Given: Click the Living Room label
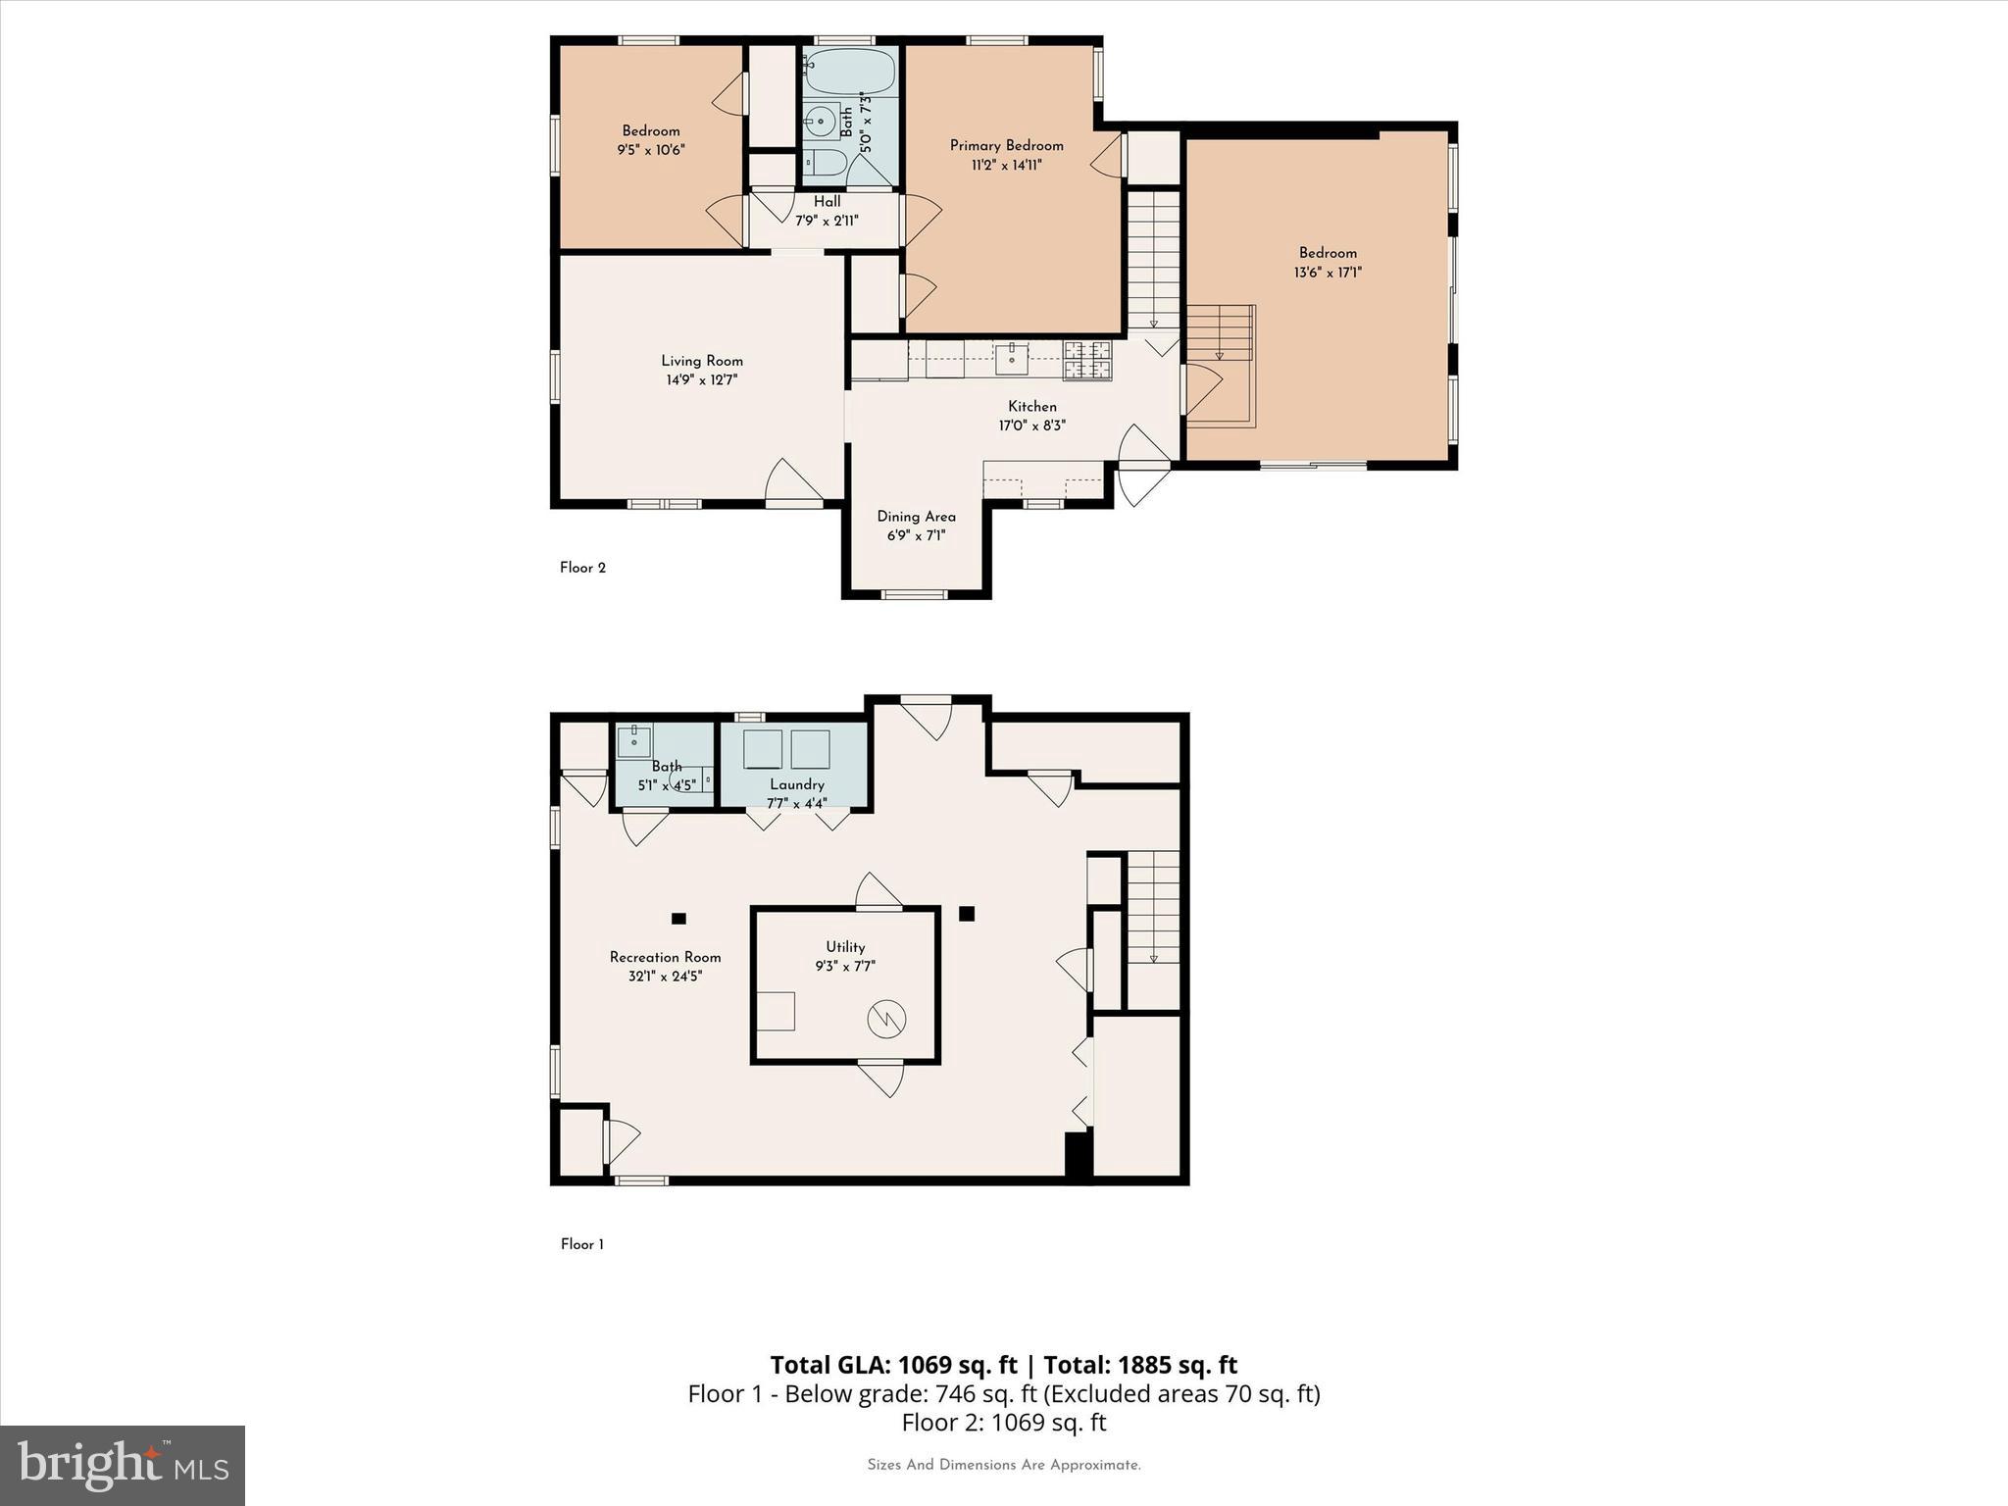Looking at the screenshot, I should click(x=701, y=361).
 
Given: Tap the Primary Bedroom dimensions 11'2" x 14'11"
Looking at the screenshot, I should click(x=1006, y=166).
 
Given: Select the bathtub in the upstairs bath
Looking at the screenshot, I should click(x=849, y=72).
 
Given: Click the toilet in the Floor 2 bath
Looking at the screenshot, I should click(x=824, y=164).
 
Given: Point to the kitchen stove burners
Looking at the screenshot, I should click(x=1087, y=359).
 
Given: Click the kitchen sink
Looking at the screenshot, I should click(x=1011, y=358).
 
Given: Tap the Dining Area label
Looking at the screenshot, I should click(x=916, y=517).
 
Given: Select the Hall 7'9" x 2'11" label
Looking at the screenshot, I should click(x=827, y=211).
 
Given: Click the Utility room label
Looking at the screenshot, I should click(x=845, y=947).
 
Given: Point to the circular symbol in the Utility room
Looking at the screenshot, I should click(x=886, y=1020).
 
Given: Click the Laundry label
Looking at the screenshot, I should click(x=796, y=784).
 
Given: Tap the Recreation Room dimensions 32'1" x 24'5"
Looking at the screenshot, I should click(x=665, y=977).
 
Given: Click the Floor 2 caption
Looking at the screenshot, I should click(x=582, y=568).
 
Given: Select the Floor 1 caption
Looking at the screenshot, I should click(x=581, y=1244).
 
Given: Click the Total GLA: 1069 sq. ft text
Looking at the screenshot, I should click(x=893, y=1365).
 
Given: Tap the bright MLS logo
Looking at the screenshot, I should click(x=123, y=1466).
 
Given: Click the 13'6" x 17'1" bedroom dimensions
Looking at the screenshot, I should click(x=1328, y=273).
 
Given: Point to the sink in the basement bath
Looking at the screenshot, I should click(x=634, y=741).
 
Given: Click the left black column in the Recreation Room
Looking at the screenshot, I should click(x=678, y=919).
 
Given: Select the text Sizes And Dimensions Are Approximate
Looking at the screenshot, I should click(x=1003, y=1465).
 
